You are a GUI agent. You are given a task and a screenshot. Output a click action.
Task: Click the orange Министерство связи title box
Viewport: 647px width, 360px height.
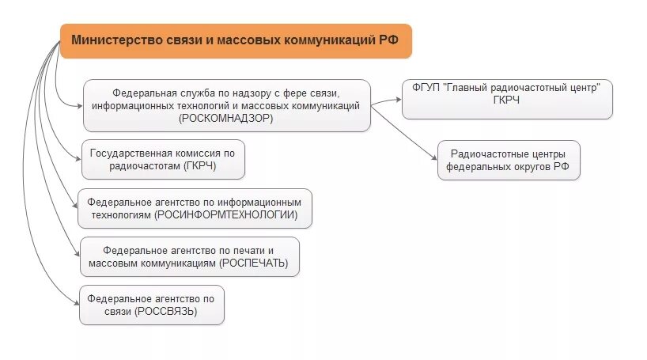(236, 40)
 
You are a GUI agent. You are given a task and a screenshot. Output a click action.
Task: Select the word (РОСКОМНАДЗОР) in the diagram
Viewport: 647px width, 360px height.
(226, 118)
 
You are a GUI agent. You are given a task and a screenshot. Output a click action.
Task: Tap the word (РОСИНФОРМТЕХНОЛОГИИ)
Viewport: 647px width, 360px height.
(227, 214)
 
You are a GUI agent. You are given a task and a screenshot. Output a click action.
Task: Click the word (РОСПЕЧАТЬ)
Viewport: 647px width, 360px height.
(254, 263)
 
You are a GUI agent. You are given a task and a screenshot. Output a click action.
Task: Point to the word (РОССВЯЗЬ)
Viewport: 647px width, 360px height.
(166, 312)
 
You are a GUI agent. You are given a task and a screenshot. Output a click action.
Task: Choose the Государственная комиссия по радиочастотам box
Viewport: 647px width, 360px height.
(163, 160)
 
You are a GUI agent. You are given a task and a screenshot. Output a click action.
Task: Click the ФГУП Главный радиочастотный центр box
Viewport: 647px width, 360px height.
(507, 99)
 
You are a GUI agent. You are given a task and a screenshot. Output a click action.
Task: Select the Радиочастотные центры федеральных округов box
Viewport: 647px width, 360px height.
(509, 161)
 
